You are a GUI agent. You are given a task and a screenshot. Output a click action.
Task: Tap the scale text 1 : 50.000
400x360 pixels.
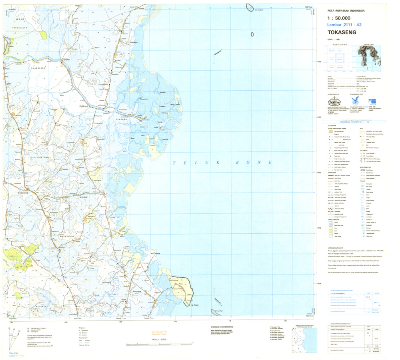tap(338, 18)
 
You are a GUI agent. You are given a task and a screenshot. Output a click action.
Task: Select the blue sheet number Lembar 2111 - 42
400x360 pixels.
tap(344, 25)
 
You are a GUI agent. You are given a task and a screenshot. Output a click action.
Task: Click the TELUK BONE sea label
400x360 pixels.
tap(216, 163)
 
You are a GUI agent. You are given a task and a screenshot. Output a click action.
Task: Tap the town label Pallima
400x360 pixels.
tap(84, 107)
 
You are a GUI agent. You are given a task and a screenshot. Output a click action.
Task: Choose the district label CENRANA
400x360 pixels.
tap(121, 119)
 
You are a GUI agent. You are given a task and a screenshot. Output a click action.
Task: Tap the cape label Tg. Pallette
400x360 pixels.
tap(196, 304)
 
